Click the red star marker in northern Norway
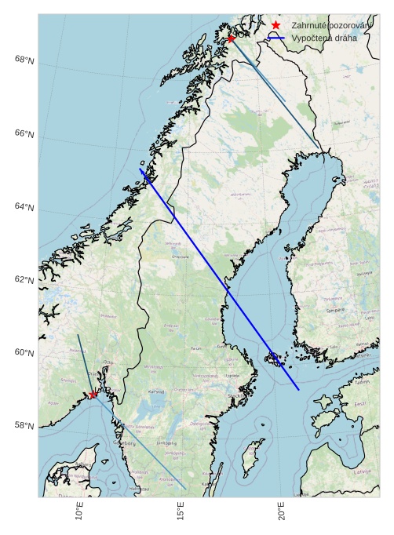coord(232,38)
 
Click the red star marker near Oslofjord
coord(93,395)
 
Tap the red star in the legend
coord(275,26)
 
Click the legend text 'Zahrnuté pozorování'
coord(330,26)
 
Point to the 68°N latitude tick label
coord(24,60)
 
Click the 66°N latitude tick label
coord(24,134)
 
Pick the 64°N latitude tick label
coord(24,207)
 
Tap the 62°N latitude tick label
coord(24,280)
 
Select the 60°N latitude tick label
coord(24,353)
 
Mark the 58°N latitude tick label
coord(24,426)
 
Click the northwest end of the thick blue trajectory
coord(140,169)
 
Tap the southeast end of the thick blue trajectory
coord(299,390)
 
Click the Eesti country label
coord(360,404)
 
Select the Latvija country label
coord(362,472)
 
